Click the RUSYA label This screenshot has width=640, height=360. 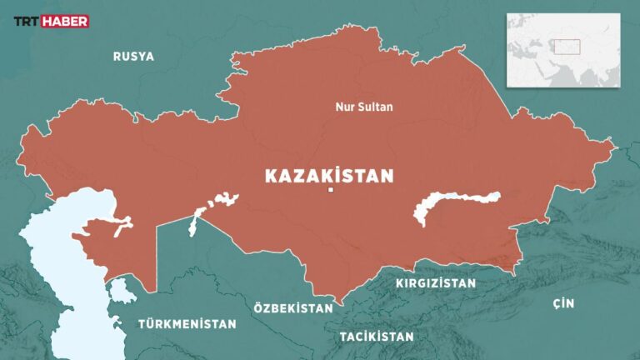click(133, 57)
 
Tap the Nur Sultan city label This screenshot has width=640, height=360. click(362, 107)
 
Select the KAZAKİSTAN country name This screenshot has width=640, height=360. click(328, 176)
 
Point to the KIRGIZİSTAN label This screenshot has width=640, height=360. click(436, 283)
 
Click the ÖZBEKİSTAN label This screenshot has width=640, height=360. click(293, 307)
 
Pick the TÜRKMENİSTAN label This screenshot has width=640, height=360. click(187, 323)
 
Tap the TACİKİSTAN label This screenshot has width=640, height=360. click(376, 337)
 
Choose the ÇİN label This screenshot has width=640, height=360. click(563, 303)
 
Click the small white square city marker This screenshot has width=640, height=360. click(331, 192)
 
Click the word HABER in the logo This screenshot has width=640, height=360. click(65, 22)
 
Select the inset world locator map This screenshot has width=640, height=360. click(563, 50)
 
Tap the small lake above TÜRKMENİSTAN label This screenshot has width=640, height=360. click(123, 291)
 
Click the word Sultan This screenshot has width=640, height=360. click(375, 107)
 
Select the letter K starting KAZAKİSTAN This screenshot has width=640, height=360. click(271, 176)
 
